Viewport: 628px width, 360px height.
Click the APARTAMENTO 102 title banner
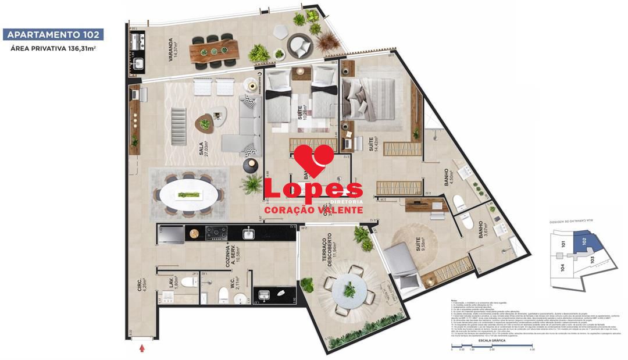tap(53, 34)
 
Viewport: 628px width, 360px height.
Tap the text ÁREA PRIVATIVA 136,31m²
tap(53, 49)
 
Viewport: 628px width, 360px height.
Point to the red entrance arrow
tap(142, 348)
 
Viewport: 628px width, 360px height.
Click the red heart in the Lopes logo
tap(314, 161)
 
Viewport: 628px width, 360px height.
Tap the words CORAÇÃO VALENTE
tap(313, 209)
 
